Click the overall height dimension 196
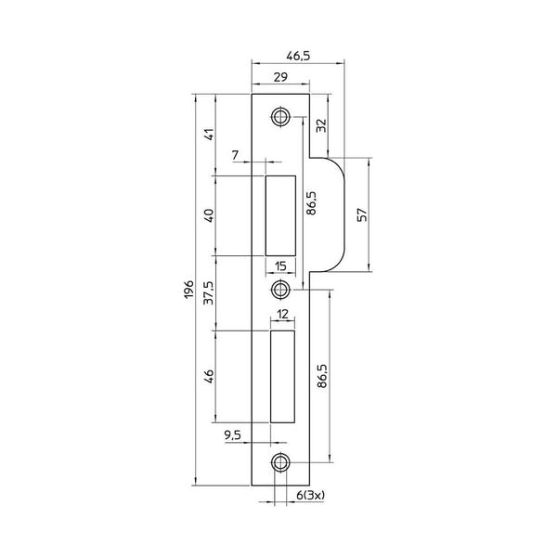(188, 289)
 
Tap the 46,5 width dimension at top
(298, 56)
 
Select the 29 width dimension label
(280, 77)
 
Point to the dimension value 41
(210, 134)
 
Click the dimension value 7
(235, 155)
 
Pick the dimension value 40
(210, 216)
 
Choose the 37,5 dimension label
(209, 292)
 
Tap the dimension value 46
(210, 377)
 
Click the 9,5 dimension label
(233, 434)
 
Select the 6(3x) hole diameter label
(310, 495)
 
